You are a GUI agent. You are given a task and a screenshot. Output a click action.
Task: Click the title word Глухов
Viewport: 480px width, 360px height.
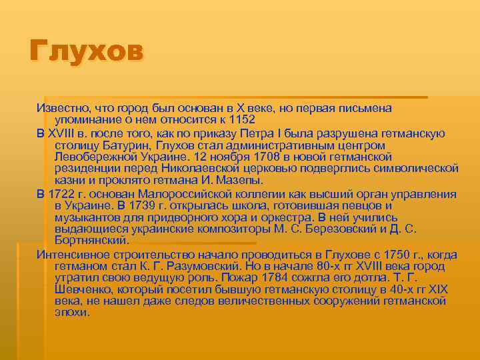tap(86, 52)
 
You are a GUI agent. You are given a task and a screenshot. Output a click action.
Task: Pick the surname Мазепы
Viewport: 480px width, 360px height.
tap(241, 181)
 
